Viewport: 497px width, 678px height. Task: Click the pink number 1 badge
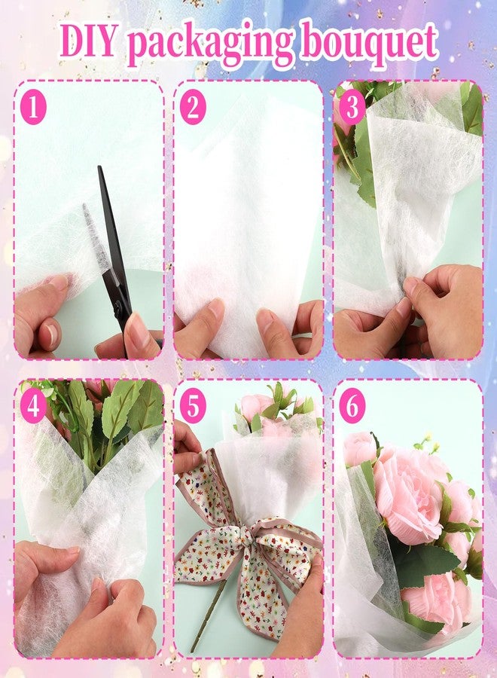33,108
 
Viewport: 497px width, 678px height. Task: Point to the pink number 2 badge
193,108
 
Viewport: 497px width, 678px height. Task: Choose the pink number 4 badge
33,407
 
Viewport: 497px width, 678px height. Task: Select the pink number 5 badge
193,407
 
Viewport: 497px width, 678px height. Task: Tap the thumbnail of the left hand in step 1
56,284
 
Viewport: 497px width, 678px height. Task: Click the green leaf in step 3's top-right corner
472,109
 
